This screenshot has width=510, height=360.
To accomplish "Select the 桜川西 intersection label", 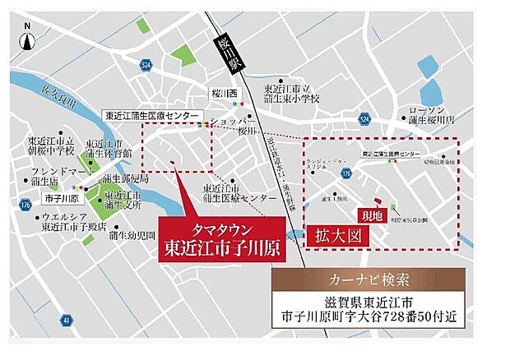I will [223, 95].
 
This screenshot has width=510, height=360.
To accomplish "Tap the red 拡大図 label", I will [334, 236].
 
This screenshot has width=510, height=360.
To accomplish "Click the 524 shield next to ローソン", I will [364, 122].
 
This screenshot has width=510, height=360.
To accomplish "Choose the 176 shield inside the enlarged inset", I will [347, 174].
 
